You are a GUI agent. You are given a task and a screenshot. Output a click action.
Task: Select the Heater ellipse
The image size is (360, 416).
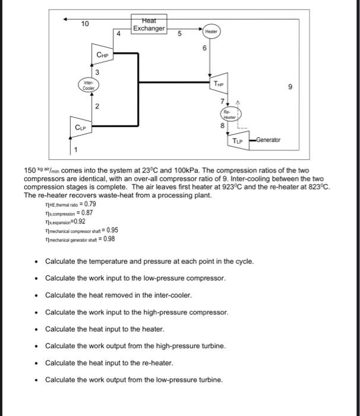coord(211,31)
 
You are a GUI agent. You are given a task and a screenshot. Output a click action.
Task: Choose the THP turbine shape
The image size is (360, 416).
coord(220,84)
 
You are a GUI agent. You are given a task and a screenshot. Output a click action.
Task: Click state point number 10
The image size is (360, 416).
coord(86,24)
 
